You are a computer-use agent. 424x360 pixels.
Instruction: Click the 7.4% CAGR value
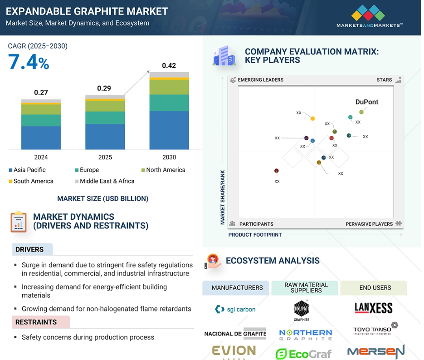click(29, 62)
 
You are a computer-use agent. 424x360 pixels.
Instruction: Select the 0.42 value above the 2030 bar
click(169, 66)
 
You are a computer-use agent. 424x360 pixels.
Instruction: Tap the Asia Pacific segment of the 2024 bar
click(41, 138)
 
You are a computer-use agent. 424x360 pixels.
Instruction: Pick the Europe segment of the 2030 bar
click(169, 103)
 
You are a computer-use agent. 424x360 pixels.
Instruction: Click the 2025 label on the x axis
click(105, 157)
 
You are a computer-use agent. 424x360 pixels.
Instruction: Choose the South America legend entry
click(31, 181)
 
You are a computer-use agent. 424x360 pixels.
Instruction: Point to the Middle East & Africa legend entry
click(105, 181)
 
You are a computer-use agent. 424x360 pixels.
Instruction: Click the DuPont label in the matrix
click(367, 102)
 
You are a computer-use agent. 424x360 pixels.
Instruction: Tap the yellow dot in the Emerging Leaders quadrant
click(312, 118)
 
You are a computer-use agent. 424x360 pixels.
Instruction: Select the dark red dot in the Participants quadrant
click(276, 171)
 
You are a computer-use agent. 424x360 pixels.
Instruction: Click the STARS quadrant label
click(384, 80)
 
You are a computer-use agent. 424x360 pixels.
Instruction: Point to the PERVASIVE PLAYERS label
click(369, 224)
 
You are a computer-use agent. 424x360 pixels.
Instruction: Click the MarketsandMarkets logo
click(370, 16)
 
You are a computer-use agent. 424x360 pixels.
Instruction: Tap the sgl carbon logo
click(235, 309)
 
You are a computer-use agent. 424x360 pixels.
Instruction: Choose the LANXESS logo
click(373, 308)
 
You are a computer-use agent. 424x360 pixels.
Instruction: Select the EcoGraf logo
click(303, 354)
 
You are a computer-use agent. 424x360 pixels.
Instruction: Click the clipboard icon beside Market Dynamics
click(19, 222)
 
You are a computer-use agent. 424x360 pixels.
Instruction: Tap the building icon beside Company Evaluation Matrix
click(224, 55)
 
